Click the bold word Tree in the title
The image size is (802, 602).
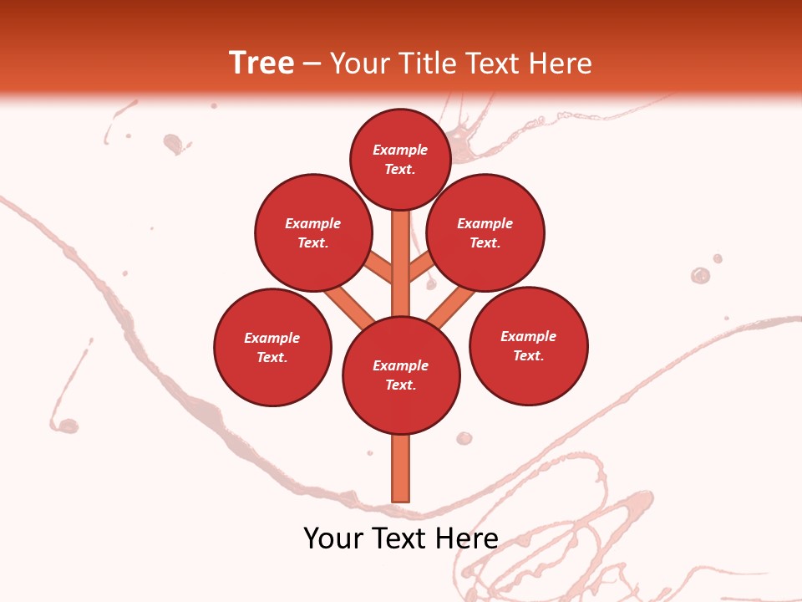tap(261, 64)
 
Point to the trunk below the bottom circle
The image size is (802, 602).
tap(401, 468)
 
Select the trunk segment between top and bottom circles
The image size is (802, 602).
tap(401, 263)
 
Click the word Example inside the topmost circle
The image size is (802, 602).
tap(400, 150)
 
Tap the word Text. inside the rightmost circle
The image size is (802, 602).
tap(528, 356)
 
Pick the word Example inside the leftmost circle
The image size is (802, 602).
tap(272, 339)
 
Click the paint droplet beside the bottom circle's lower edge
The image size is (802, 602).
tap(464, 438)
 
